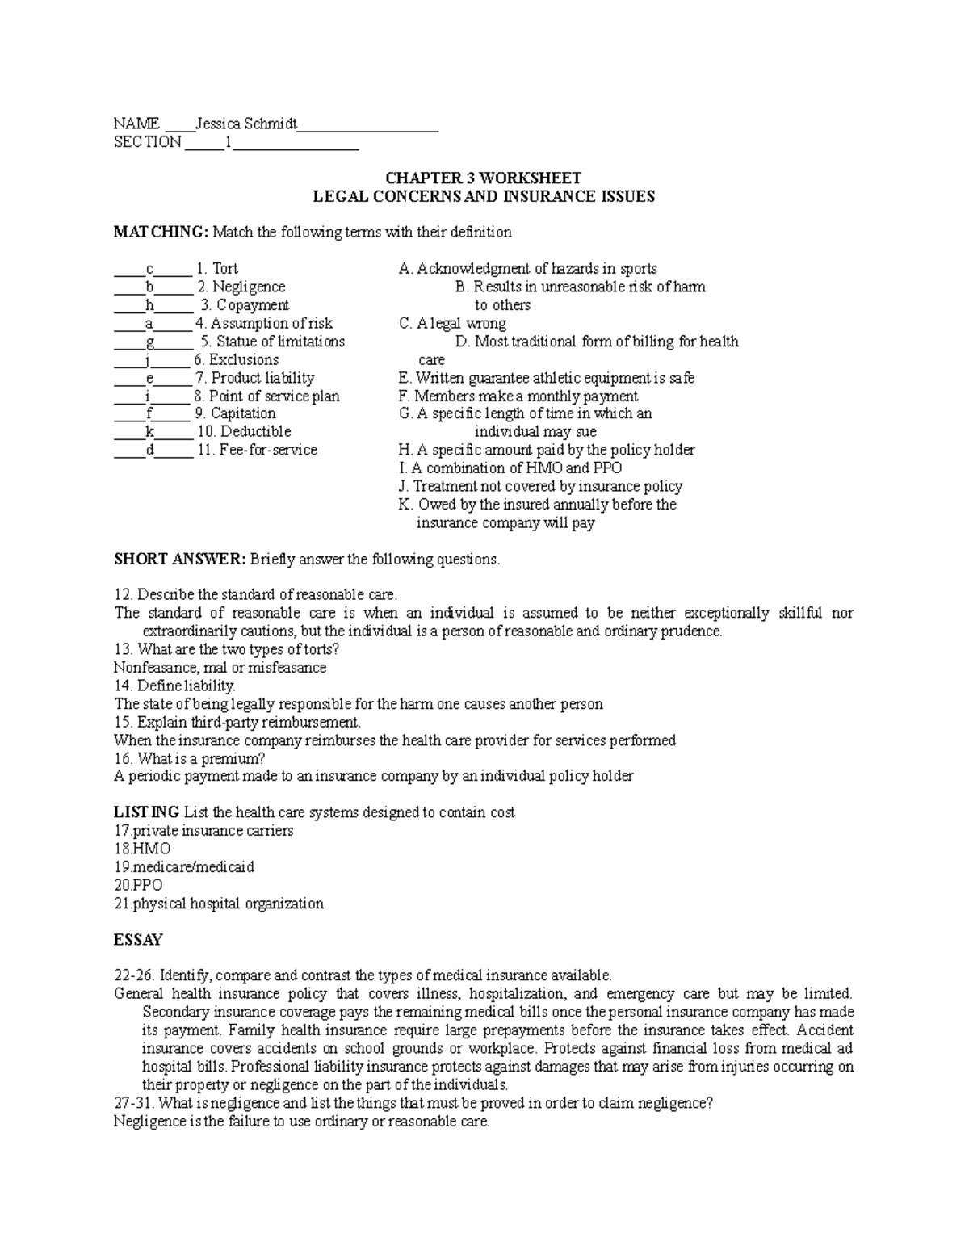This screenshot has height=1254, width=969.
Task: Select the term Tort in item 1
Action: point(224,269)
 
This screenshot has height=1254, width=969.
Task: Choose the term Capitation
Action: point(243,413)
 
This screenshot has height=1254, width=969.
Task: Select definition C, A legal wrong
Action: point(452,324)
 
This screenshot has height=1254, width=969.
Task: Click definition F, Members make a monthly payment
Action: point(518,396)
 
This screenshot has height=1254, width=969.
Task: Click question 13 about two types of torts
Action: point(227,649)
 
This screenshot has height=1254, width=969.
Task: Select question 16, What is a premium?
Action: point(190,759)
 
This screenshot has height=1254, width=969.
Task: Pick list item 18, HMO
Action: point(143,849)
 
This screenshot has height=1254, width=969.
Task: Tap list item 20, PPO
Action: point(139,885)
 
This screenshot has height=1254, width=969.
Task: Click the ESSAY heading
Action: point(138,940)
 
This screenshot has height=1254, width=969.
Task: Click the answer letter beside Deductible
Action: point(149,432)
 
